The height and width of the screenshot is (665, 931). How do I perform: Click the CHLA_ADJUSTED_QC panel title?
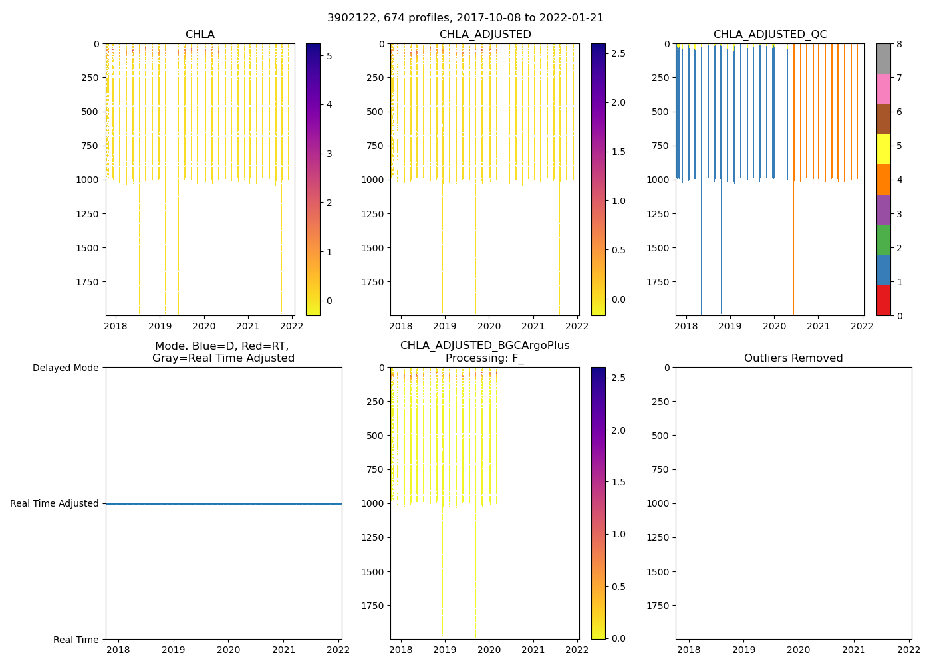click(770, 35)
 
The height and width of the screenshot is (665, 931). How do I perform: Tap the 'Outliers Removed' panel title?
click(793, 358)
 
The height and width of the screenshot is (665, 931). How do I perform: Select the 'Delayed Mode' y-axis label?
click(65, 368)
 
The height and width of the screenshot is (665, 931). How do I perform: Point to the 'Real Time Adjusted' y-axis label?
click(55, 503)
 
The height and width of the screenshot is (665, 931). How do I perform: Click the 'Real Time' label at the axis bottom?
click(76, 640)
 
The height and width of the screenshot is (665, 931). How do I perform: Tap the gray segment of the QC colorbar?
click(883, 59)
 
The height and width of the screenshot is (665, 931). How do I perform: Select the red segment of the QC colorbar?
click(883, 301)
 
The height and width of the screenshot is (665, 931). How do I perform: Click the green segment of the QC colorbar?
click(883, 240)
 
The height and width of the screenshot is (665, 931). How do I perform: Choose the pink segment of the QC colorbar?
click(883, 89)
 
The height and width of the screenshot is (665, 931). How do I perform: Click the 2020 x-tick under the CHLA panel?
click(203, 327)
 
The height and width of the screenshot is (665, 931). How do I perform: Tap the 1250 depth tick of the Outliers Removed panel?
click(658, 537)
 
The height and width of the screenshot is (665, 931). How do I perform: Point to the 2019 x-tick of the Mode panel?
click(174, 650)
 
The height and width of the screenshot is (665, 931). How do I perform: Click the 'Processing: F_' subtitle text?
click(484, 358)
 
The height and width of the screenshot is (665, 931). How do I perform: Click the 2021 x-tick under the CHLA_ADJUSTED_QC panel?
click(818, 327)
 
